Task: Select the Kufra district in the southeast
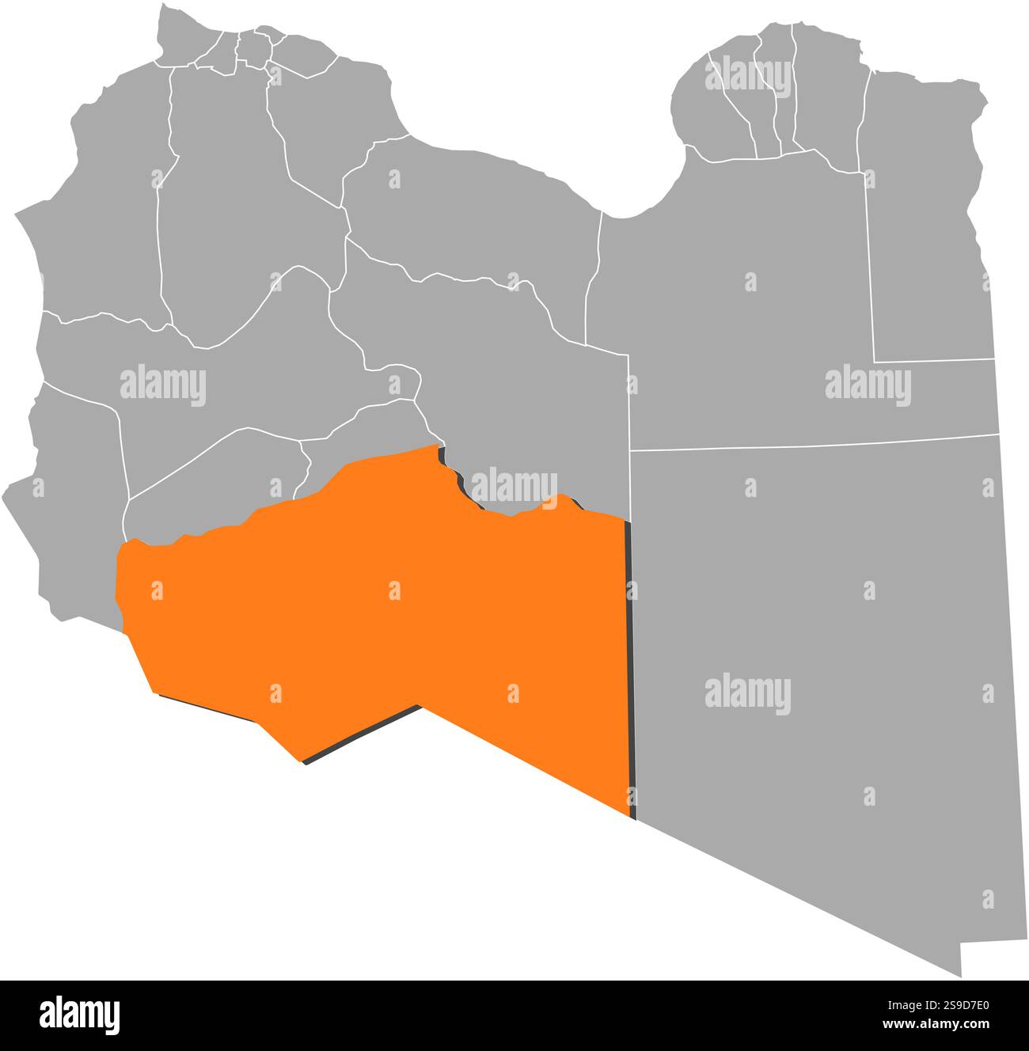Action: pyautogui.click(x=823, y=633)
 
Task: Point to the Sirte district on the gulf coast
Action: pyautogui.click(x=475, y=214)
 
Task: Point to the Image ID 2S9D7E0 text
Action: pyautogui.click(x=942, y=1004)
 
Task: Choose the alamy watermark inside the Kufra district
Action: pyautogui.click(x=747, y=695)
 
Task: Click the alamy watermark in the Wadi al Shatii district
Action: pyautogui.click(x=163, y=385)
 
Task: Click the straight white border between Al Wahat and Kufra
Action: pyautogui.click(x=815, y=443)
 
